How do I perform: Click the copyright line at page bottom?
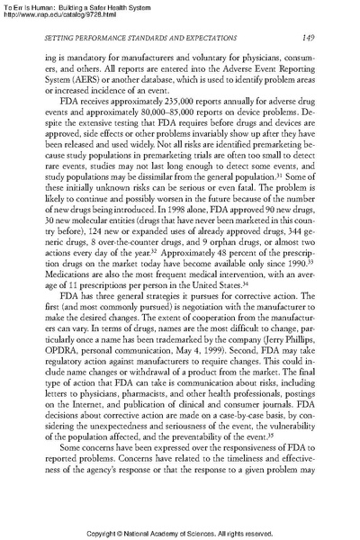[180, 531]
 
